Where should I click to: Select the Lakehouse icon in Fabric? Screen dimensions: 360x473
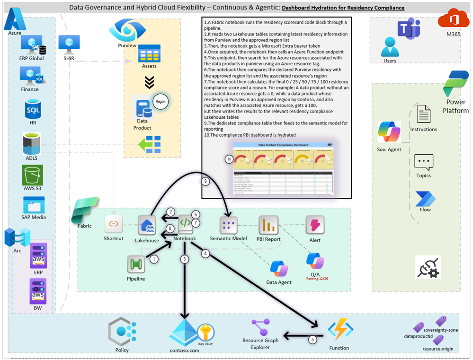coord(147,225)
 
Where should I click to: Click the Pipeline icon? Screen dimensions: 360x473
coord(136,264)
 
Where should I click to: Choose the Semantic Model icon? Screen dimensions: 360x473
coord(229,225)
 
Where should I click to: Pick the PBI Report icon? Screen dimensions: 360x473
coord(268,225)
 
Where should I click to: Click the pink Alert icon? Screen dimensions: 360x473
coord(314,225)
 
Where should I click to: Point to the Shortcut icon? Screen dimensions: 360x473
coord(114,224)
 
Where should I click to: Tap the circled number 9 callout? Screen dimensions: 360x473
coord(205,181)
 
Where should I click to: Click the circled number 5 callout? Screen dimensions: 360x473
coord(312,339)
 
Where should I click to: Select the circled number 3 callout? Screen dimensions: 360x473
coord(185,259)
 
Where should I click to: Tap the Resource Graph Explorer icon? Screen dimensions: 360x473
coord(260,327)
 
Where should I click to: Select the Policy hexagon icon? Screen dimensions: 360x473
coord(122,332)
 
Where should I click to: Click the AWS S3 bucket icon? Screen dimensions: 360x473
coord(33,175)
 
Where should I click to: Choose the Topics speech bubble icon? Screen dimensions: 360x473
coord(423,162)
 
